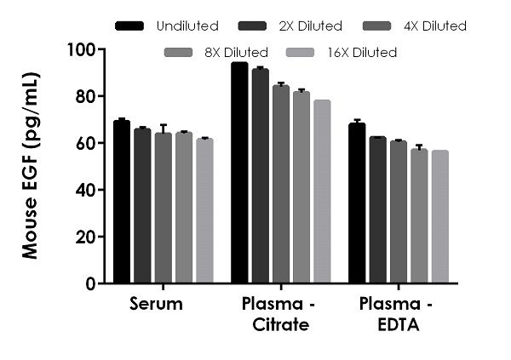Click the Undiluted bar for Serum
tap(122, 202)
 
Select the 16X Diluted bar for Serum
tap(204, 210)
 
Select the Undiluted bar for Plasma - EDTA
tap(357, 203)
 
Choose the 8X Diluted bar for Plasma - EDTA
tap(419, 216)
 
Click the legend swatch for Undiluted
tap(129, 26)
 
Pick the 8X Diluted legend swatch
tap(181, 53)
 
